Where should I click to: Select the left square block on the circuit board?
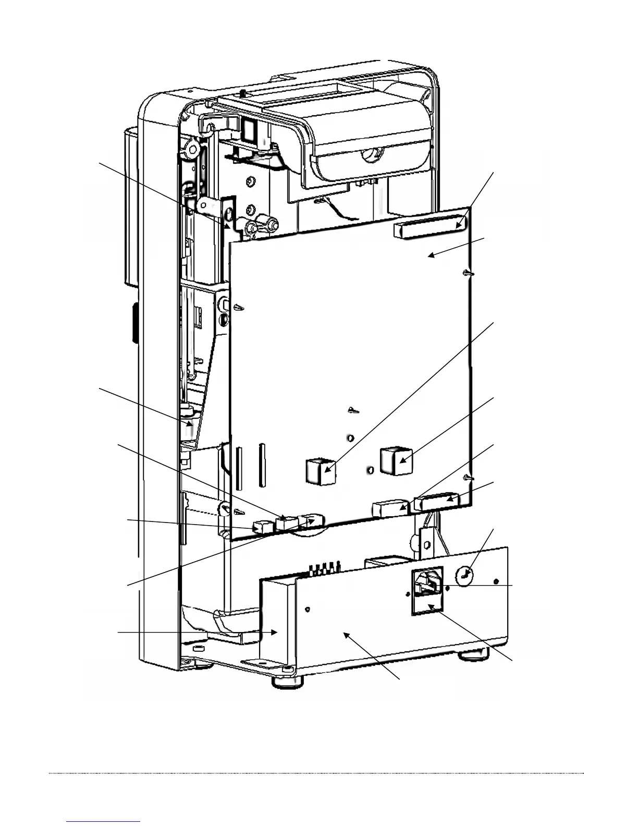click(x=320, y=471)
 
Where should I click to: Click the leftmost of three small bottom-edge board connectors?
click(x=263, y=527)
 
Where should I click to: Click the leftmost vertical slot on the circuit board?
click(x=239, y=468)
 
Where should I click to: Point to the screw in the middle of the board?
click(x=353, y=410)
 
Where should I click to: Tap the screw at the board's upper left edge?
click(x=239, y=308)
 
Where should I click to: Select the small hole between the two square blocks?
click(x=370, y=471)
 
